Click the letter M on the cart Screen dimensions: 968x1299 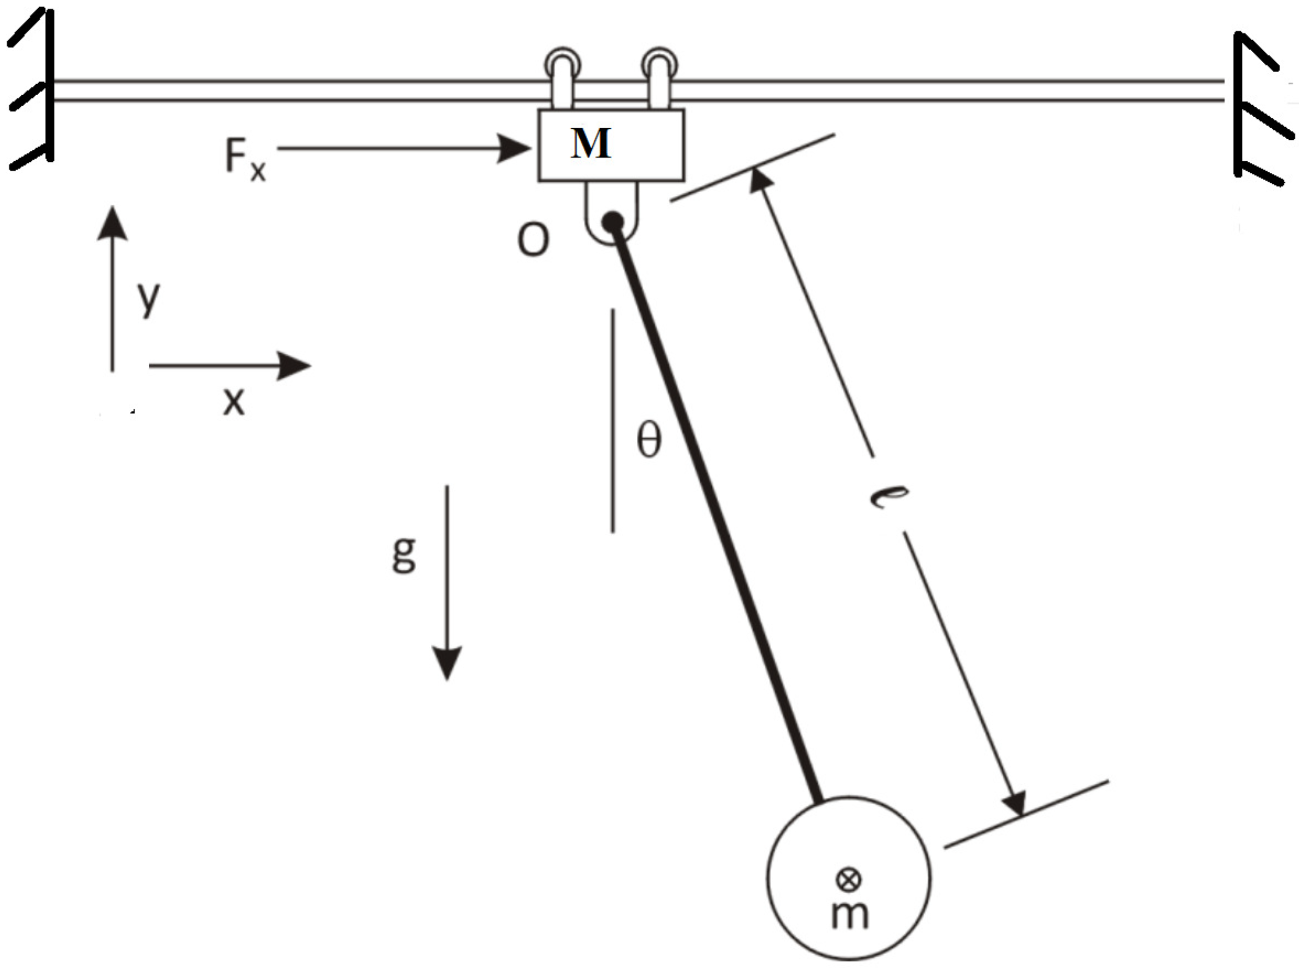coord(591,144)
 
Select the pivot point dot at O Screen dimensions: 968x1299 coord(613,222)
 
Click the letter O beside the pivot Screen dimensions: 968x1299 coord(533,239)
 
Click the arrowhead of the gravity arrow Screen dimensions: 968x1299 coord(447,663)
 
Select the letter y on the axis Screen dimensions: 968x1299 coord(148,297)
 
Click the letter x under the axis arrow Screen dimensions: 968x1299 coord(233,402)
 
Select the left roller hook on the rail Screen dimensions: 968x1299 coord(563,79)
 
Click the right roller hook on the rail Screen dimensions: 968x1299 coord(660,79)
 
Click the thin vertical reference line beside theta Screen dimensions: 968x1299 coord(613,421)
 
